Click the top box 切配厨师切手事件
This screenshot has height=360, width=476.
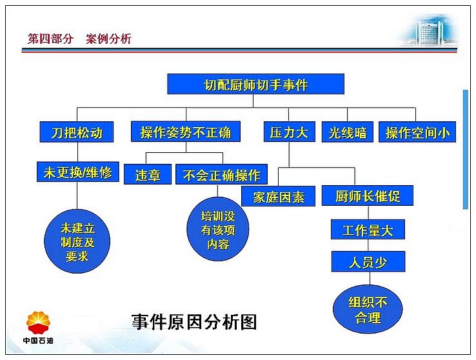tap(255, 84)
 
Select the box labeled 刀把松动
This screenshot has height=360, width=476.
tap(77, 132)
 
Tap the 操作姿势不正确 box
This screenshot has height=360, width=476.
tap(186, 132)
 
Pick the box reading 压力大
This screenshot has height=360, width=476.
tap(290, 132)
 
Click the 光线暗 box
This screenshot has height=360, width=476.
tap(347, 132)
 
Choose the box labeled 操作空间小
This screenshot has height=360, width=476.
tap(417, 132)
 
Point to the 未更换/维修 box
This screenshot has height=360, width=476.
tap(77, 172)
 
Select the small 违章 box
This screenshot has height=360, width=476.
tap(148, 174)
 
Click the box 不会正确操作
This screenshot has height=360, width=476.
tap(221, 174)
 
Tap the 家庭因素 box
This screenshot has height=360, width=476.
tap(278, 196)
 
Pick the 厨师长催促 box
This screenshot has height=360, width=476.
tap(368, 195)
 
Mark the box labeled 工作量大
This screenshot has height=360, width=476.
tap(368, 230)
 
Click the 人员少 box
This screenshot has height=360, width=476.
tap(368, 261)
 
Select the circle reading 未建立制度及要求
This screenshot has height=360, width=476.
tap(77, 241)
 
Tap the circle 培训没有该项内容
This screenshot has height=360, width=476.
tap(217, 229)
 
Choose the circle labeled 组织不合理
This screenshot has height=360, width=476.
tap(368, 309)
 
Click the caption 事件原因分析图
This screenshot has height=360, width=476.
tap(194, 322)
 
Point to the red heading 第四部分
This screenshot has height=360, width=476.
tap(50, 39)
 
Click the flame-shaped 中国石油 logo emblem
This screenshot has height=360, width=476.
tap(38, 323)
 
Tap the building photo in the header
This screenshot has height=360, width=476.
tap(430, 30)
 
